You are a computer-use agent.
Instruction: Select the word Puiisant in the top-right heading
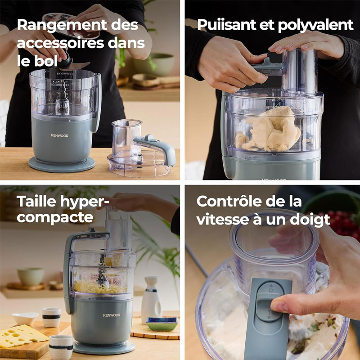227,25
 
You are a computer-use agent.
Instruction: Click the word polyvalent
316,26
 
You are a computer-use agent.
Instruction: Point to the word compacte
55,217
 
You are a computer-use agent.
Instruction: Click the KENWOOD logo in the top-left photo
60,135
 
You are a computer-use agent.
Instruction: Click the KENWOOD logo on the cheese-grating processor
112,315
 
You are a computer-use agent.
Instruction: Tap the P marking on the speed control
271,290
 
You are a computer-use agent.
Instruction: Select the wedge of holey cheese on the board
22,336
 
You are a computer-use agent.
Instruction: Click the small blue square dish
162,324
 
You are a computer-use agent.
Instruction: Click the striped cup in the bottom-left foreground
61,347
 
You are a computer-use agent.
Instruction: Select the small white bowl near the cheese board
25,319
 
